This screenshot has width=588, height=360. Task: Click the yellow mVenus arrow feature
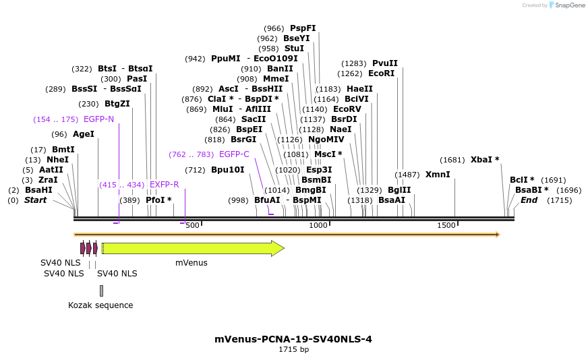[192, 248]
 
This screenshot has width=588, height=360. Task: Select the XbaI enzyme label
[485, 160]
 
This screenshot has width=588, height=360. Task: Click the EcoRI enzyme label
[381, 73]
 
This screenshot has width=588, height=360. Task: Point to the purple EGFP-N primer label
[98, 119]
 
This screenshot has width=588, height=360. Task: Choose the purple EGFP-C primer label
[234, 154]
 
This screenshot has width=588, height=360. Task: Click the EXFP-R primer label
[164, 185]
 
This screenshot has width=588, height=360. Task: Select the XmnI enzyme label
[437, 175]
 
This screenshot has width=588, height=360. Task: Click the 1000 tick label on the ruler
[318, 225]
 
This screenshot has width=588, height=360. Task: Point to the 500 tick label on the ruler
[192, 225]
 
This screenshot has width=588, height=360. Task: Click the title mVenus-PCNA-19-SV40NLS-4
[293, 339]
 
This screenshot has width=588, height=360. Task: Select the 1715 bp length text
[293, 349]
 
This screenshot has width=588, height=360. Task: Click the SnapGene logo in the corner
[566, 5]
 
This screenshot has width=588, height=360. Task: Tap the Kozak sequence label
[100, 305]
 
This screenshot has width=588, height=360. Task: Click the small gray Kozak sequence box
[101, 291]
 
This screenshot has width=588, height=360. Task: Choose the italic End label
[529, 200]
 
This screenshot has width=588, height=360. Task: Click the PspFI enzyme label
[303, 28]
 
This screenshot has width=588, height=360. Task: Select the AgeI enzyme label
[83, 134]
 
